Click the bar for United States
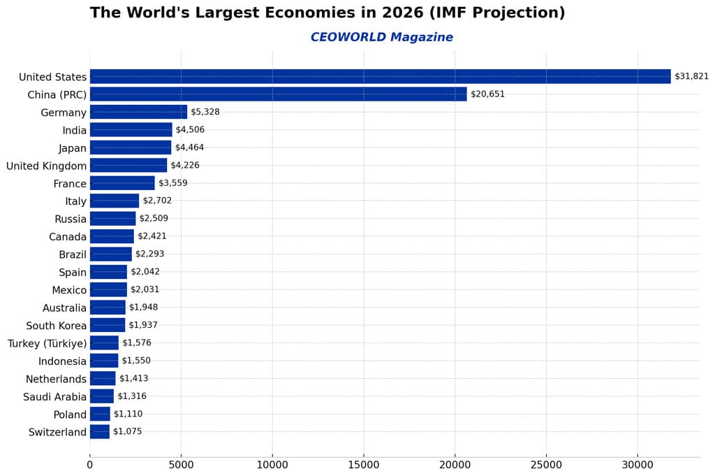click(380, 77)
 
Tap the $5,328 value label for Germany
click(205, 113)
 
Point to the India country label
click(75, 131)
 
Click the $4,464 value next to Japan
click(189, 148)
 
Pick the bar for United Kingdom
click(128, 166)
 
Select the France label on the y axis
click(70, 184)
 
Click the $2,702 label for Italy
click(157, 201)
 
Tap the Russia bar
click(112, 219)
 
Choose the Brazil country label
click(73, 255)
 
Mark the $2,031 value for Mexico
click(145, 290)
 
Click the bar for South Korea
click(108, 326)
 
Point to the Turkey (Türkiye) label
click(47, 344)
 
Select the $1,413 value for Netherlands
click(133, 379)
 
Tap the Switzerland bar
click(99, 432)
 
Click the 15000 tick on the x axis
click(363, 463)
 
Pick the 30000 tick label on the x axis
click(637, 463)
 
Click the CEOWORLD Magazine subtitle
click(381, 38)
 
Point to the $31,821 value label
click(691, 77)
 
